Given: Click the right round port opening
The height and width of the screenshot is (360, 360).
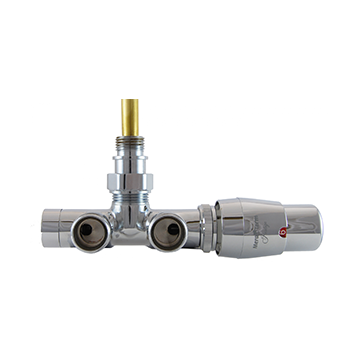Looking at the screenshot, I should point(170,232).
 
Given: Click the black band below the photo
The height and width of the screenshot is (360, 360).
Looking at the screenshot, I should point(180,310).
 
